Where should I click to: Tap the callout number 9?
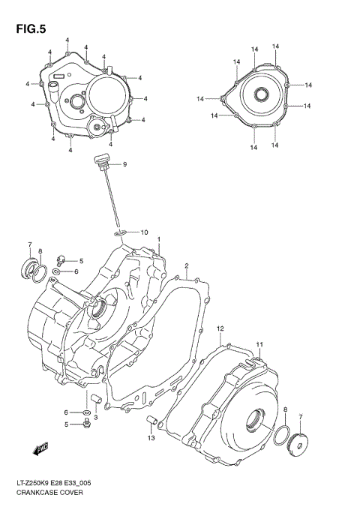(x=124, y=164)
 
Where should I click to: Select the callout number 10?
(x=145, y=232)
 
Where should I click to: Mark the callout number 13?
(x=151, y=437)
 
